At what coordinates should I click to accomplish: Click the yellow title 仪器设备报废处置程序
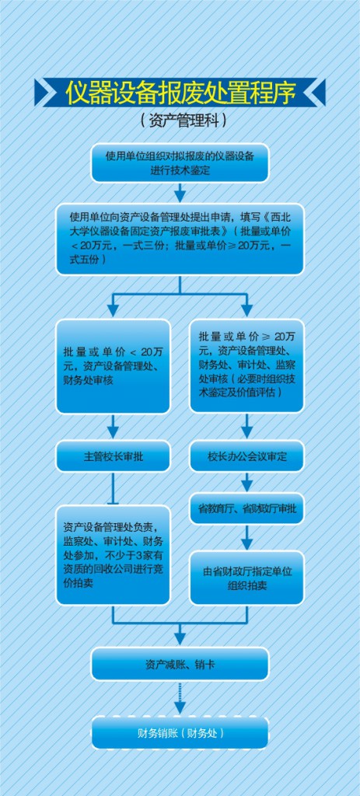[x=180, y=92]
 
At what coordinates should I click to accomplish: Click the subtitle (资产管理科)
[x=180, y=120]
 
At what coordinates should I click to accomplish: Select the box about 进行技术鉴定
[x=180, y=162]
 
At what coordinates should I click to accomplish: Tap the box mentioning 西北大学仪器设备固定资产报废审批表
[x=180, y=239]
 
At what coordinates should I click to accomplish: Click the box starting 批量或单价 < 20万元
[x=114, y=366]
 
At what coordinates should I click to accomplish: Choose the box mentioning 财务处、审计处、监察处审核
[x=246, y=365]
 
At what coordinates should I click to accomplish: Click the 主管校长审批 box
[x=114, y=456]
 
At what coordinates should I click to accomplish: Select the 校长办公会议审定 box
[x=246, y=456]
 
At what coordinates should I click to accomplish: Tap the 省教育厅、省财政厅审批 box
[x=246, y=508]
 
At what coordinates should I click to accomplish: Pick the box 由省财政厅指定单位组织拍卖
[x=246, y=578]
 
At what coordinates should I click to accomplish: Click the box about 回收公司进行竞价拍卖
[x=114, y=555]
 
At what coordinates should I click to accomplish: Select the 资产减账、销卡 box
[x=180, y=664]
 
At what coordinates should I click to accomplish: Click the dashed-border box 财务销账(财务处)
[x=180, y=732]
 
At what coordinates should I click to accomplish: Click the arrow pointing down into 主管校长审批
[x=114, y=427]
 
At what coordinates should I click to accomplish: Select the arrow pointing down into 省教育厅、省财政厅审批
[x=246, y=482]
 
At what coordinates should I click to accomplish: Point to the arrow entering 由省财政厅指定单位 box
[x=246, y=538]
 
